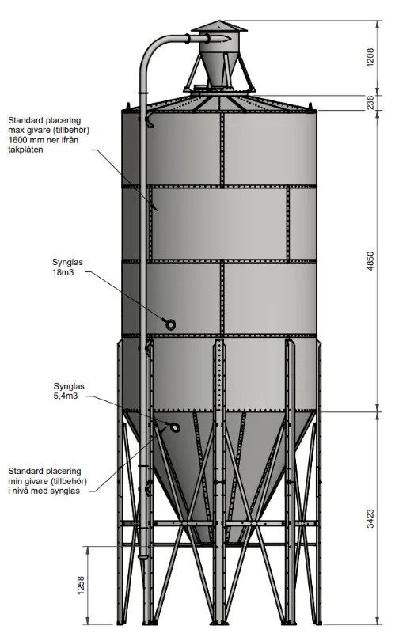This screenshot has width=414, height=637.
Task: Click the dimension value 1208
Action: coord(370,58)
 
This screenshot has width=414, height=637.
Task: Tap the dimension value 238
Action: coord(370,102)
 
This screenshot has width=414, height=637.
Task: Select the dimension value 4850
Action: coord(370,261)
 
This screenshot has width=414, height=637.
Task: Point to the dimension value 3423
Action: coord(370,518)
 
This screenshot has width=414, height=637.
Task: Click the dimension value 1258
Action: coord(81,586)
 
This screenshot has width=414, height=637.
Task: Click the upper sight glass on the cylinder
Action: coord(170,324)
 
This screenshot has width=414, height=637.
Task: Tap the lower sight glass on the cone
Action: coord(175,427)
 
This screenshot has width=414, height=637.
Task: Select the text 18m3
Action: coord(63,272)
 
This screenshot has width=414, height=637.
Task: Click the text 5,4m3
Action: coord(66,396)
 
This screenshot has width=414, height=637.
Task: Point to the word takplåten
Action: coord(25,150)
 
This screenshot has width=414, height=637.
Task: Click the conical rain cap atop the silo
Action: coord(219,25)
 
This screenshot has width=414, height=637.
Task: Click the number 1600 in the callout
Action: coord(19,140)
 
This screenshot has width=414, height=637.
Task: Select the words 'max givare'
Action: coord(28,130)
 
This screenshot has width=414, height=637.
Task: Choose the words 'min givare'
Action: coord(27,481)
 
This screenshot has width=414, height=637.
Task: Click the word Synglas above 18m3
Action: coord(67,262)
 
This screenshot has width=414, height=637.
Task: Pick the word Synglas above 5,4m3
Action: coord(69,386)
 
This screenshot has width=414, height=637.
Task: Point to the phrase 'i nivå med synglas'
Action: coord(44,491)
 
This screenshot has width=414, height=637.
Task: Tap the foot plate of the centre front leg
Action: coord(219,623)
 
